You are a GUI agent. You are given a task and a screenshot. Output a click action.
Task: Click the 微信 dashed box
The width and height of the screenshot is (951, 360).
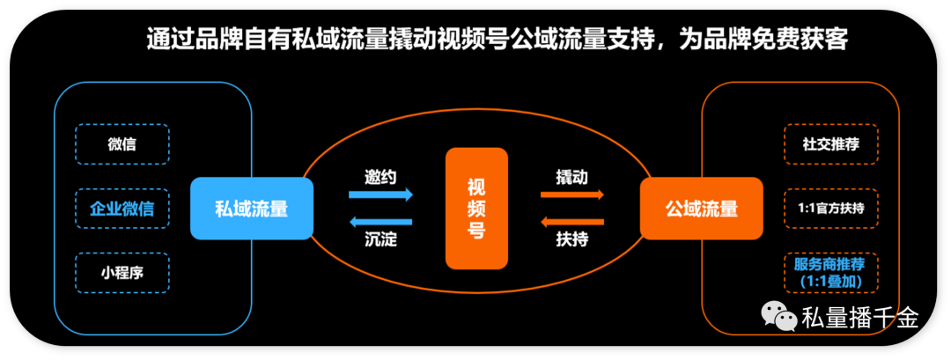[122, 144]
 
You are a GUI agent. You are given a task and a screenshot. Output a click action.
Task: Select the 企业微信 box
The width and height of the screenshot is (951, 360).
[122, 209]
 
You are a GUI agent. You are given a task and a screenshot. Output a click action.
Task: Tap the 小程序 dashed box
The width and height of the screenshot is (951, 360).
[122, 273]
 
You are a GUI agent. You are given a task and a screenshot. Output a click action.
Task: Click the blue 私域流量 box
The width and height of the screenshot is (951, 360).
[252, 209]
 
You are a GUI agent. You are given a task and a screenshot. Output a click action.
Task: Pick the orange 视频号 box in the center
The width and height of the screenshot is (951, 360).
[477, 209]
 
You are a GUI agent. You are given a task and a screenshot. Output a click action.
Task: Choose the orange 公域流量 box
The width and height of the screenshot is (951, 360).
[702, 209]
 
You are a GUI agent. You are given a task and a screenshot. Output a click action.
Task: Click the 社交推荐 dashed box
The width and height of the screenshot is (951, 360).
[831, 144]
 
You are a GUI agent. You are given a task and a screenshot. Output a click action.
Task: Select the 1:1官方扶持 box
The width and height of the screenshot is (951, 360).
[831, 209]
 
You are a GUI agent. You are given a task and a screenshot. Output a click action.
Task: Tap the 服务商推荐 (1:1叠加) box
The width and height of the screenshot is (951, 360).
[831, 273]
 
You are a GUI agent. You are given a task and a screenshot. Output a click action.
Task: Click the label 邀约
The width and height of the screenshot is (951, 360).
[381, 176]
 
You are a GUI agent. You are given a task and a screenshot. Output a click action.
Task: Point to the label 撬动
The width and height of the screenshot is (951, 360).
[572, 176]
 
